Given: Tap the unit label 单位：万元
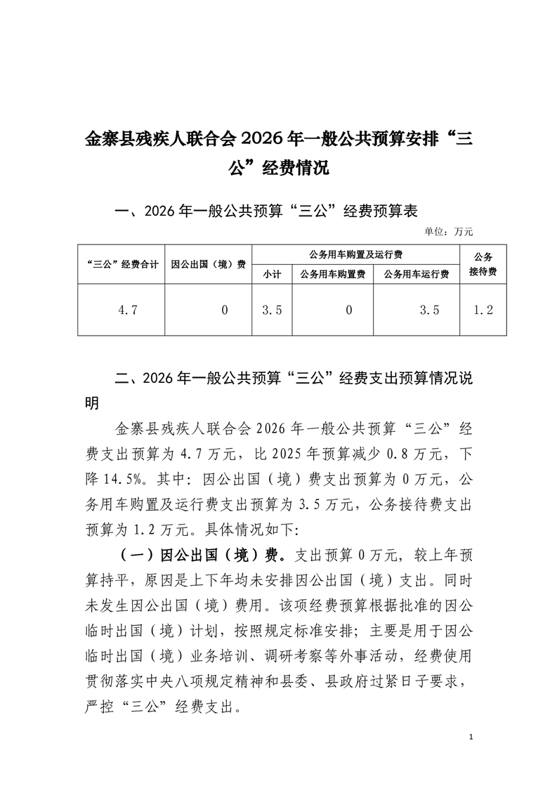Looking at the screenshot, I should pyautogui.click(x=450, y=230).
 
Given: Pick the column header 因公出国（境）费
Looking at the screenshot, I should pyautogui.click(x=208, y=265).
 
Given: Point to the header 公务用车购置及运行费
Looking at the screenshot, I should pyautogui.click(x=355, y=254).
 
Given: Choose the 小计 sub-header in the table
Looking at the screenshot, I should pyautogui.click(x=271, y=275).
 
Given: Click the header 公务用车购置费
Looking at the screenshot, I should pyautogui.click(x=332, y=275).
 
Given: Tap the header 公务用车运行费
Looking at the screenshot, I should pyautogui.click(x=417, y=275).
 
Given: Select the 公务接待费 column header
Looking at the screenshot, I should pyautogui.click(x=483, y=264).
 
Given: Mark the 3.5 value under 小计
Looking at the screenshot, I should pyautogui.click(x=271, y=310).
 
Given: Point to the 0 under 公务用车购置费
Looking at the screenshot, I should pyautogui.click(x=348, y=310).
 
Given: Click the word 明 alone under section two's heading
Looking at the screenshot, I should pyautogui.click(x=92, y=403).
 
